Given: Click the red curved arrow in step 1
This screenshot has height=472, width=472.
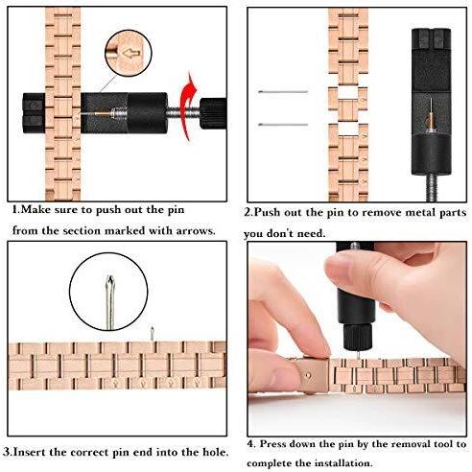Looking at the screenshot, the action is pyautogui.click(x=187, y=106).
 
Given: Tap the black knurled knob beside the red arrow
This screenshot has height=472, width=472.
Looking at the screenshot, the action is pyautogui.click(x=213, y=113).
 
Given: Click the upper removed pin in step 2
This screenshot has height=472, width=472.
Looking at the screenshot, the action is pyautogui.click(x=283, y=92).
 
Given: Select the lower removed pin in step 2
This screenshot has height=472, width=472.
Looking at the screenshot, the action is pyautogui.click(x=283, y=125).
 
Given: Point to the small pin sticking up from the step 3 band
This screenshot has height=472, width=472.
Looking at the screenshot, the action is pyautogui.click(x=153, y=334).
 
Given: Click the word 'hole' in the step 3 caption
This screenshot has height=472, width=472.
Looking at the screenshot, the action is pyautogui.click(x=216, y=453).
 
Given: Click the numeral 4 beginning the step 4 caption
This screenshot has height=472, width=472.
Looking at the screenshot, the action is pyautogui.click(x=250, y=444).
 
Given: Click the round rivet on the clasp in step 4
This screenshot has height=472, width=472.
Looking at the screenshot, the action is pyautogui.click(x=308, y=375).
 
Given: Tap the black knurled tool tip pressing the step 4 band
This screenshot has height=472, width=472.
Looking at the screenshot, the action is pyautogui.click(x=358, y=337).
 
